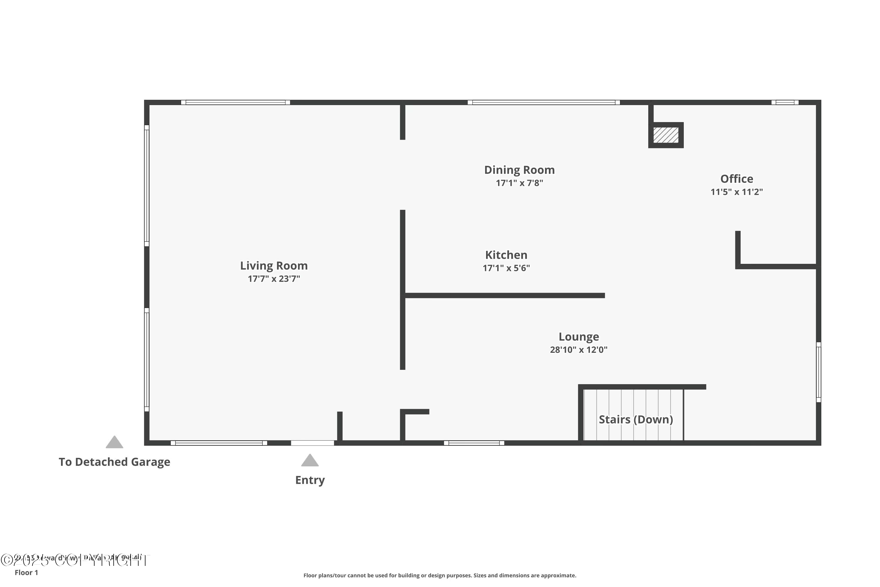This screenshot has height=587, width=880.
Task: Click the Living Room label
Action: (x=274, y=266)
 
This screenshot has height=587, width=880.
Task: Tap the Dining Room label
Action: (x=519, y=170)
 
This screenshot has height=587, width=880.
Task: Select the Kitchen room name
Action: (x=506, y=255)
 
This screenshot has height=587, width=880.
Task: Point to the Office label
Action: (x=737, y=179)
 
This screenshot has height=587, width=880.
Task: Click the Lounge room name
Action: (x=579, y=337)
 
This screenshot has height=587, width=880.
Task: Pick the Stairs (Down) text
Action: (x=636, y=419)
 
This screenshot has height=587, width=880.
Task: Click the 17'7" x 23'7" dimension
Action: (x=274, y=279)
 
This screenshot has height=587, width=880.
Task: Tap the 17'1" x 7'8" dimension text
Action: (x=519, y=183)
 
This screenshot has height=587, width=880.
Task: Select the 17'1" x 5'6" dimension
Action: (x=506, y=268)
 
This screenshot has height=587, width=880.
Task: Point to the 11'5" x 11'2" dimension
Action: (x=737, y=192)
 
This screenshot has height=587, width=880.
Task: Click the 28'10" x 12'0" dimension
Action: (x=579, y=350)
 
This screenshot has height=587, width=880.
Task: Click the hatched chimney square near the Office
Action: (x=666, y=135)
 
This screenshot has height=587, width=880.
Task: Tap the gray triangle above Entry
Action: (x=310, y=461)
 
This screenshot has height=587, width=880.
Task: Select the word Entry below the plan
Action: (x=310, y=480)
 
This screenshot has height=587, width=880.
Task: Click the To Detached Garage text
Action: (x=114, y=462)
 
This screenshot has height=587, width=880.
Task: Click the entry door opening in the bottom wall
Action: (x=312, y=443)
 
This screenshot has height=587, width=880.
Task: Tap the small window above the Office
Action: (x=785, y=102)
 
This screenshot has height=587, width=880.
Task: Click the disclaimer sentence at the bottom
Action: (x=440, y=575)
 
